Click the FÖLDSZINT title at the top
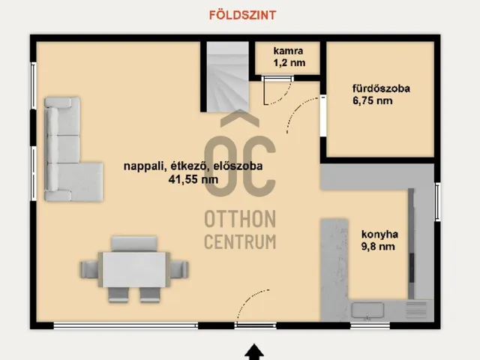[x=240, y=14]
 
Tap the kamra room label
[x=289, y=51]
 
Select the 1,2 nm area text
[x=289, y=63]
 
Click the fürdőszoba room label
[x=381, y=88]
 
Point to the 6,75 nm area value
[x=373, y=101]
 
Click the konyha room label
[x=379, y=234]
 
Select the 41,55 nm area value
[x=193, y=179]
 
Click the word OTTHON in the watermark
[x=240, y=219]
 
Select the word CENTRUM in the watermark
[x=240, y=241]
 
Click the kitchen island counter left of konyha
[x=333, y=262]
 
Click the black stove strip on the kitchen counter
[x=412, y=240]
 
